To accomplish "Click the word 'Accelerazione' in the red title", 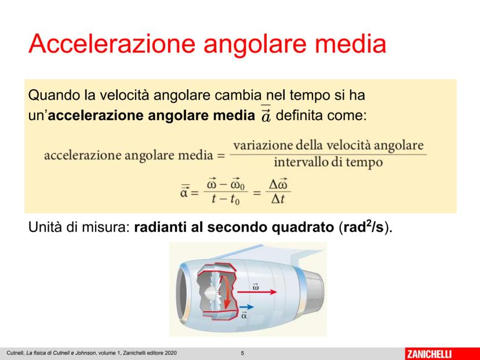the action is tap(112, 43).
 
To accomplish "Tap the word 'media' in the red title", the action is tap(350, 43).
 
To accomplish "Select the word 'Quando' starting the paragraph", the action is tap(53, 95).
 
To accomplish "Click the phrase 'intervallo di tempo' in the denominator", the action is tap(328, 162).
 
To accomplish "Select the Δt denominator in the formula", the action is tap(278, 199).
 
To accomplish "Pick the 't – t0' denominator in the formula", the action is tap(226, 199).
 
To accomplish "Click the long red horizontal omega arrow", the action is tap(257, 292).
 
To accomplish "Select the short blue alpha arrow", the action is tap(247, 307).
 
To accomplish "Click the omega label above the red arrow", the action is tap(256, 286).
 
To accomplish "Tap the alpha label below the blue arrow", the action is tap(244, 315).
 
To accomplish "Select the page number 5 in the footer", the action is tap(242, 353).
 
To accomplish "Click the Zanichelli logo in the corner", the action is tap(429, 354).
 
